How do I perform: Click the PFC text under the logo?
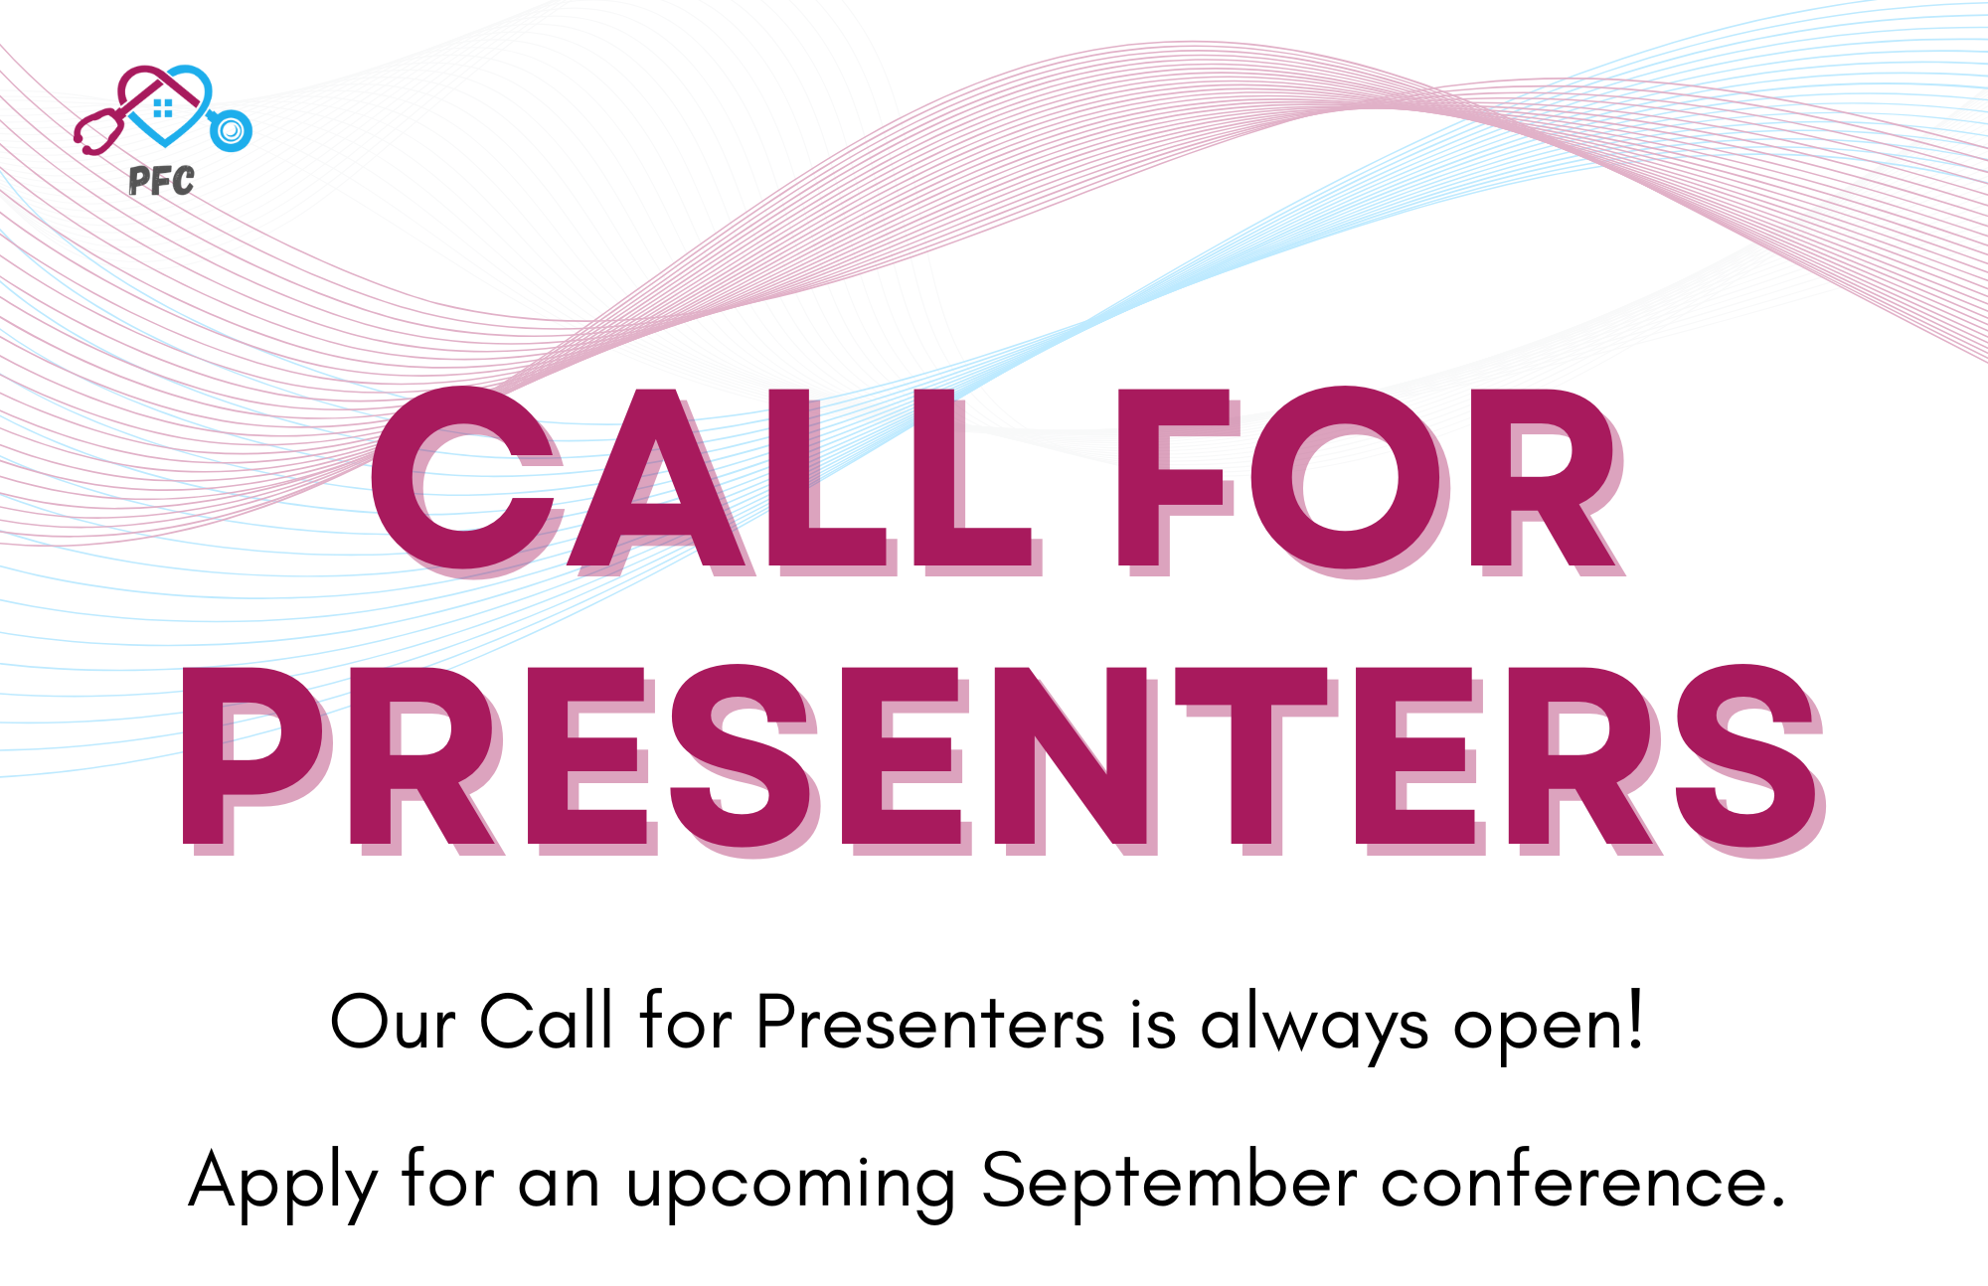tap(162, 181)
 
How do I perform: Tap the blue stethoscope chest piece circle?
tap(232, 130)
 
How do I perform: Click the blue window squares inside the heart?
tap(164, 107)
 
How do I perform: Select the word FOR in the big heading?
tap(1372, 480)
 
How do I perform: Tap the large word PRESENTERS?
tap(1003, 759)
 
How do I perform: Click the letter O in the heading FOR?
tap(1347, 482)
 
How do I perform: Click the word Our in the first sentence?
tap(393, 1022)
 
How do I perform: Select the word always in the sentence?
tap(1315, 1026)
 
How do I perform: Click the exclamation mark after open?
tap(1633, 1019)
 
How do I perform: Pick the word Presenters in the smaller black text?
tap(930, 1022)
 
